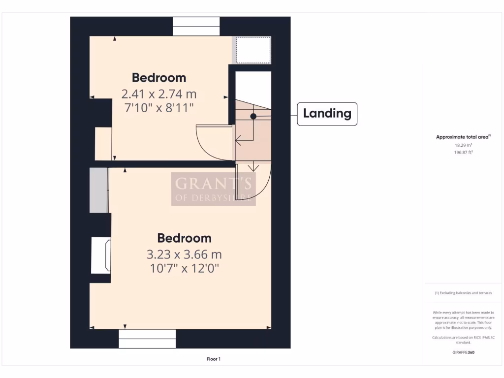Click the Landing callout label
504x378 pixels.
(x=327, y=114)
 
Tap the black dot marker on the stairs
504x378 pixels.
(x=253, y=117)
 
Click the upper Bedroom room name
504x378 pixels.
(x=159, y=78)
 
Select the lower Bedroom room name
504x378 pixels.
(x=184, y=238)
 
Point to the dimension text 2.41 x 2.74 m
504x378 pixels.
(x=159, y=93)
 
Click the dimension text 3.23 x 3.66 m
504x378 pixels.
(x=184, y=254)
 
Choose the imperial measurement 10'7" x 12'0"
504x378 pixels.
(x=184, y=268)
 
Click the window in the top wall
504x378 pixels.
(x=196, y=27)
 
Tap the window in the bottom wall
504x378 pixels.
(x=147, y=339)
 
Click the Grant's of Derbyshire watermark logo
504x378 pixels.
(x=213, y=189)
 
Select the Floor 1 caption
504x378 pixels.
(x=213, y=359)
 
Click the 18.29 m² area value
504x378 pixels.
(x=463, y=145)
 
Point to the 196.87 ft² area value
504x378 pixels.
(x=463, y=153)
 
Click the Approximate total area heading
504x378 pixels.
(x=463, y=137)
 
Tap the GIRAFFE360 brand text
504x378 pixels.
(x=463, y=352)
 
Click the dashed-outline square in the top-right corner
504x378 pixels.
(x=253, y=50)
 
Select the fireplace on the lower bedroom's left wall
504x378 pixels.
(x=101, y=255)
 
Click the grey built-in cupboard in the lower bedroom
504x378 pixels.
(x=98, y=190)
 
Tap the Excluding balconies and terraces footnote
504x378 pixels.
(x=463, y=293)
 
